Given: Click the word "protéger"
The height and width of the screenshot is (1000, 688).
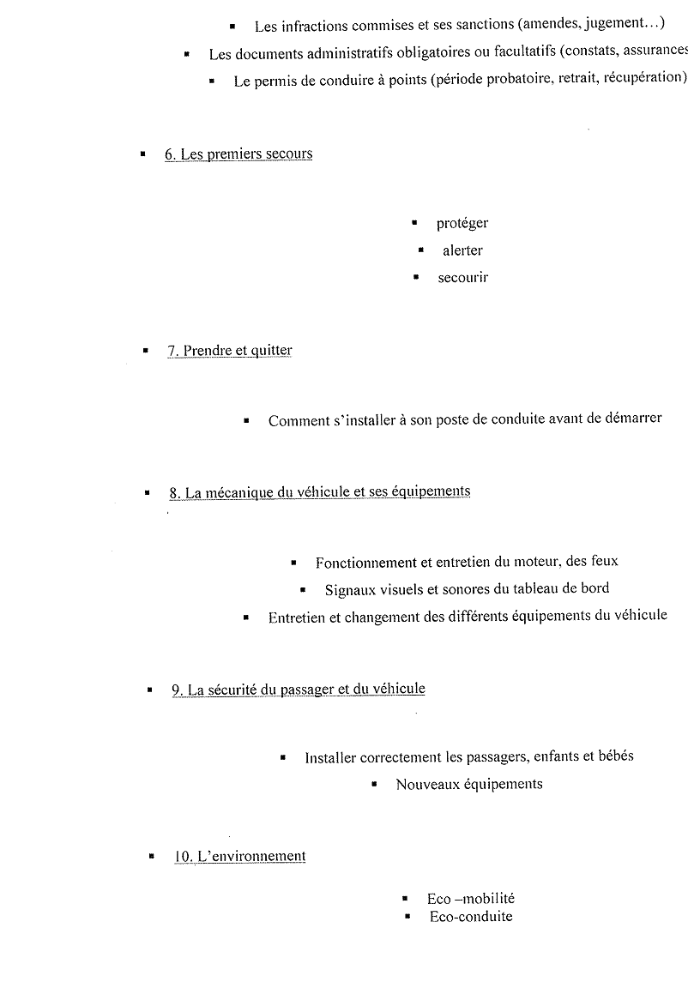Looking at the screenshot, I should pyautogui.click(x=462, y=224).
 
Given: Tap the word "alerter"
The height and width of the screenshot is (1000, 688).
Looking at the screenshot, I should pyautogui.click(x=462, y=251).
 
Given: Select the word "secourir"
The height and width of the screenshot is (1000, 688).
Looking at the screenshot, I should pyautogui.click(x=462, y=278).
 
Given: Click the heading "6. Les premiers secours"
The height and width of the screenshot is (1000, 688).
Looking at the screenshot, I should pyautogui.click(x=238, y=154).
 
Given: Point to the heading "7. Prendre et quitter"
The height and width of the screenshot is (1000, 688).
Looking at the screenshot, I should pyautogui.click(x=229, y=351).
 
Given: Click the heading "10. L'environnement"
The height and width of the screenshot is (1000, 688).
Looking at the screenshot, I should pyautogui.click(x=239, y=856).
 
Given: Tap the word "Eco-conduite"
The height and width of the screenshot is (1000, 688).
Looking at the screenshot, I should pyautogui.click(x=471, y=917).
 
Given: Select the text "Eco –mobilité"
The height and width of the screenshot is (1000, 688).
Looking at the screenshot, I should pyautogui.click(x=471, y=899).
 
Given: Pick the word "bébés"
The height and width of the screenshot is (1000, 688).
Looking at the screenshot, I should pyautogui.click(x=614, y=757).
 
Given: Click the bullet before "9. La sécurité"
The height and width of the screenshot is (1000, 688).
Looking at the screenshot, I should pyautogui.click(x=150, y=690).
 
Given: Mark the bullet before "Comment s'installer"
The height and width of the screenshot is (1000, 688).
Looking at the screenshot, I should pyautogui.click(x=247, y=421).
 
